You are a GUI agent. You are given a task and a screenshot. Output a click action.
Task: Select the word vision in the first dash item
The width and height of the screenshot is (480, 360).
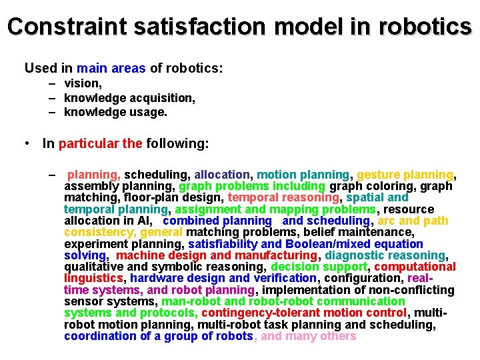click(82, 83)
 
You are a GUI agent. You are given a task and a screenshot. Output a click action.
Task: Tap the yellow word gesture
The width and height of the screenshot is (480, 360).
click(378, 175)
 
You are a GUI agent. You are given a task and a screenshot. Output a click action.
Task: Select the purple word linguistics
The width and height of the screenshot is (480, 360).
click(93, 278)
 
